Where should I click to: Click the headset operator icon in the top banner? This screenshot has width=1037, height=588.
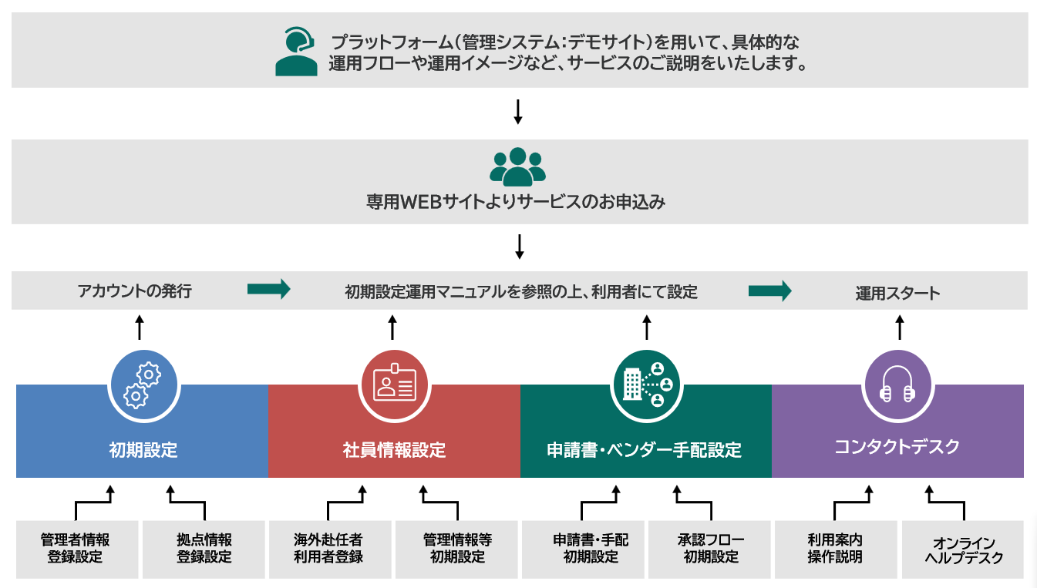[x=296, y=51]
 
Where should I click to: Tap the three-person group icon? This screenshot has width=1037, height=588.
[x=517, y=166]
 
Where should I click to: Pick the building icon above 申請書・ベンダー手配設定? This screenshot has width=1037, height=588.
[x=646, y=385]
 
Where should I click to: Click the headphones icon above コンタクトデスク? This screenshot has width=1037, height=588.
[x=898, y=385]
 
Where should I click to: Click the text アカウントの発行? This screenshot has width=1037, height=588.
[x=134, y=291]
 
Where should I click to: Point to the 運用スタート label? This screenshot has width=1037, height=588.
[x=897, y=293]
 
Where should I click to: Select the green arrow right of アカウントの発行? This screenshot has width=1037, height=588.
[x=268, y=289]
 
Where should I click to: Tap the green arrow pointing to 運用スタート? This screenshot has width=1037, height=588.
[x=769, y=291]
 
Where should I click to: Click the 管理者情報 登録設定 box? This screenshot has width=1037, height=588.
[x=76, y=549]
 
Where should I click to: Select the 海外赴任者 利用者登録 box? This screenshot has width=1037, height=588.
[x=328, y=549]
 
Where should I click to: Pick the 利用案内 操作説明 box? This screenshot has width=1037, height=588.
[x=835, y=549]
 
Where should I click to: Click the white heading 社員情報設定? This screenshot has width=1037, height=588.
[x=394, y=450]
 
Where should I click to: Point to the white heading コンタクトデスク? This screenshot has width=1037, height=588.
[x=897, y=446]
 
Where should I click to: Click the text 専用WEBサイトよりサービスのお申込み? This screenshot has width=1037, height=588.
[x=515, y=203]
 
